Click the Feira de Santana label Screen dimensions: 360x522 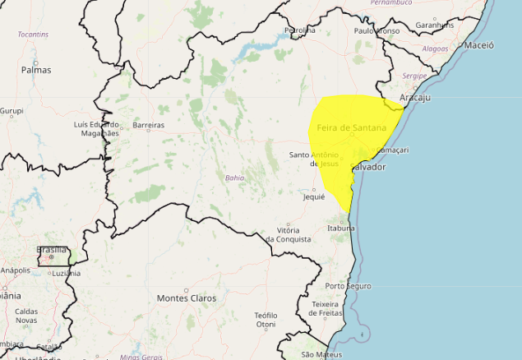coord(351,127)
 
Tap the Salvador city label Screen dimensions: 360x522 coord(367,167)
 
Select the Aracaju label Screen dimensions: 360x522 coord(415,98)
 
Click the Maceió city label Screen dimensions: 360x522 coord(478,46)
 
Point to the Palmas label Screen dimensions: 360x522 coord(36,70)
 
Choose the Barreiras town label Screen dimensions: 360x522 coord(148,126)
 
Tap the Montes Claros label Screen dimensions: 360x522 coord(187,298)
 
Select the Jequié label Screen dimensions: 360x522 coord(314,197)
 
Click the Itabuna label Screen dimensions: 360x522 coord(341,228)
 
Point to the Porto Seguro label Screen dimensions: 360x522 coord(348,286)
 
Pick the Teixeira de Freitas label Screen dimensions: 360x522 coord(326,308)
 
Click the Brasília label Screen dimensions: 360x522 coord(52,249)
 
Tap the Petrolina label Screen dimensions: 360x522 coord(299,30)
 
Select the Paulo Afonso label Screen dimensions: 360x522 coord(376,30)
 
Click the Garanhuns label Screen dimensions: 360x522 coord(435,25)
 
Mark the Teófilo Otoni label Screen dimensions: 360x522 coord(266,320)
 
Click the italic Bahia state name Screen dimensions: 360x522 coord(234,178)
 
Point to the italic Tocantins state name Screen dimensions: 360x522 coord(33,35)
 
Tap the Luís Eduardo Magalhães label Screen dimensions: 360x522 coord(96,130)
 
